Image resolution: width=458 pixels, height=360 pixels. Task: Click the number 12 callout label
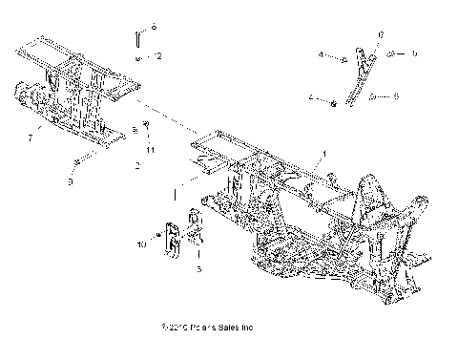(x=157, y=57)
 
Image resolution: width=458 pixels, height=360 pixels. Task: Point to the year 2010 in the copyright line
(x=173, y=329)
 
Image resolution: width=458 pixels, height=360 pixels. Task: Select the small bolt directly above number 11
(x=145, y=125)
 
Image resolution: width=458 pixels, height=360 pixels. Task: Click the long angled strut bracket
(x=358, y=76)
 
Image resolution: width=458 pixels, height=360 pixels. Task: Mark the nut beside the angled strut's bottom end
(x=330, y=100)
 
